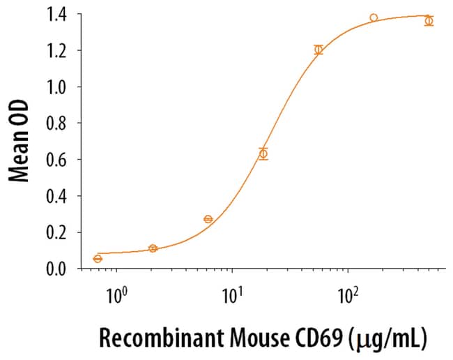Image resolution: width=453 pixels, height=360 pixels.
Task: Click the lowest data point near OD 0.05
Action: click(98, 259)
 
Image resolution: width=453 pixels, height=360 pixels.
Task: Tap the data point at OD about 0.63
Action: click(263, 153)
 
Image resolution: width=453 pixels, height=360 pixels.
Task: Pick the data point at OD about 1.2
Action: click(318, 50)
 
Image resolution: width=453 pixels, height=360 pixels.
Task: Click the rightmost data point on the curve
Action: click(429, 21)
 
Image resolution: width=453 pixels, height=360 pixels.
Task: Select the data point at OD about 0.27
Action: click(208, 219)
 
